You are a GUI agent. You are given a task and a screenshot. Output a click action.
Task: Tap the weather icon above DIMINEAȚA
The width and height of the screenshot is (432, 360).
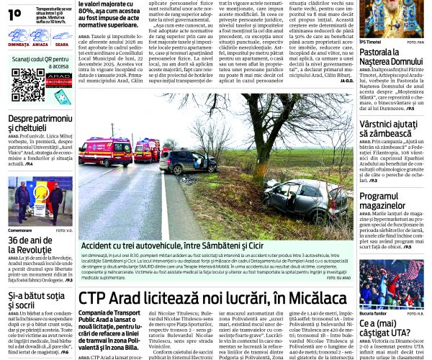coord(19,34)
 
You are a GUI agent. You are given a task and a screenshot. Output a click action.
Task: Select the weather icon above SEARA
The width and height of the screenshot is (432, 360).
coord(61,34)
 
